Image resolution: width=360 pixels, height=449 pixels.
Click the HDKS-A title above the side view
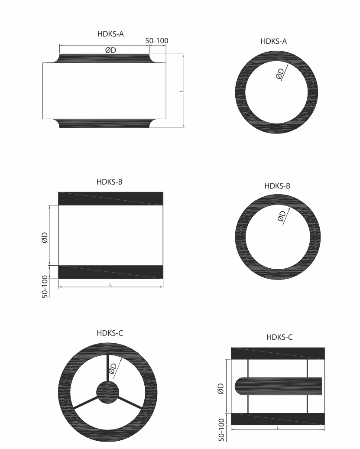[110, 34]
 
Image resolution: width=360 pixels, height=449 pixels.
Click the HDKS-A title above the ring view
[274, 42]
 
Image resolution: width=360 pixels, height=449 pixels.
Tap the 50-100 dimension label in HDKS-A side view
[157, 41]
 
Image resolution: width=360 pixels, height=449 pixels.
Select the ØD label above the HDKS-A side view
[111, 50]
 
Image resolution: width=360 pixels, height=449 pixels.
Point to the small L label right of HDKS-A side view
[181, 91]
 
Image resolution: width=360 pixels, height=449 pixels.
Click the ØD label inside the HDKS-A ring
[280, 74]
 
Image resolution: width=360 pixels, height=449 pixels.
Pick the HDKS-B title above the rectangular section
[109, 182]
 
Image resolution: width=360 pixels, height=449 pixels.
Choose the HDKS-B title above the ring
[277, 186]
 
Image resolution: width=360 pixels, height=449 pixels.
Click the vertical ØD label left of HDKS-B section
[45, 238]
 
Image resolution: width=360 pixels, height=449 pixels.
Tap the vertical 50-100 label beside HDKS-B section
[45, 286]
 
